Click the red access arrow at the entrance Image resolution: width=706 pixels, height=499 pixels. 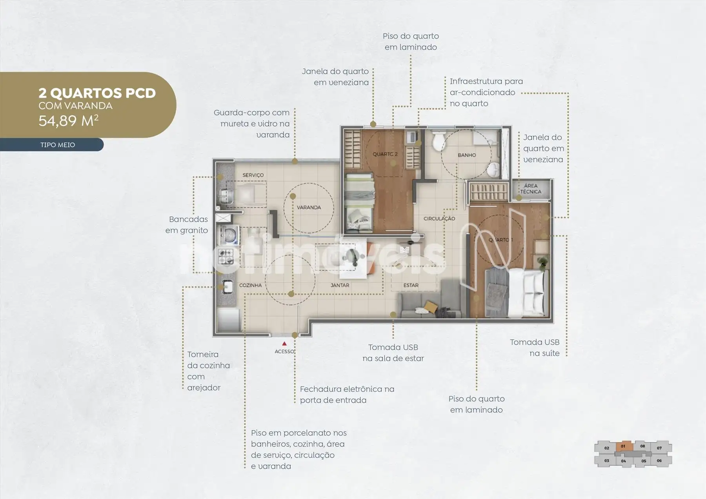284,344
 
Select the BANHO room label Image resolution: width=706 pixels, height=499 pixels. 467,155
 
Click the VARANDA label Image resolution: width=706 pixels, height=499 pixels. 309,208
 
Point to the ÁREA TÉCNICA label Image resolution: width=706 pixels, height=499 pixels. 531,189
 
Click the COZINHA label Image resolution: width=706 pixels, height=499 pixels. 250,285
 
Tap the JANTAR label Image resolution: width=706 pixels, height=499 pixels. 340,285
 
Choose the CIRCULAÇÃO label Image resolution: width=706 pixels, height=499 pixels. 439,219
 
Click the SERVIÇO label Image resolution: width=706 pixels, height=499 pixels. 253,175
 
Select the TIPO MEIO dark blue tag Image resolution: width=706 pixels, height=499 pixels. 52,145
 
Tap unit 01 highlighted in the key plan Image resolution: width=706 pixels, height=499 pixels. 623,446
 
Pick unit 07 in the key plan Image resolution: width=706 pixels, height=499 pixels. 659,448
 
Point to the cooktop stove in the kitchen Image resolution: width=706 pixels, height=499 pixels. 226,257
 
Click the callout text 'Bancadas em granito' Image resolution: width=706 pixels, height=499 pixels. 187,225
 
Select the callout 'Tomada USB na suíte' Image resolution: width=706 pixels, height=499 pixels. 535,348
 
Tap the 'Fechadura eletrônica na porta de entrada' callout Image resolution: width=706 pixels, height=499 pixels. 347,395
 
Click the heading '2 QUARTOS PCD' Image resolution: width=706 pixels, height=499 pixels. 97,93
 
